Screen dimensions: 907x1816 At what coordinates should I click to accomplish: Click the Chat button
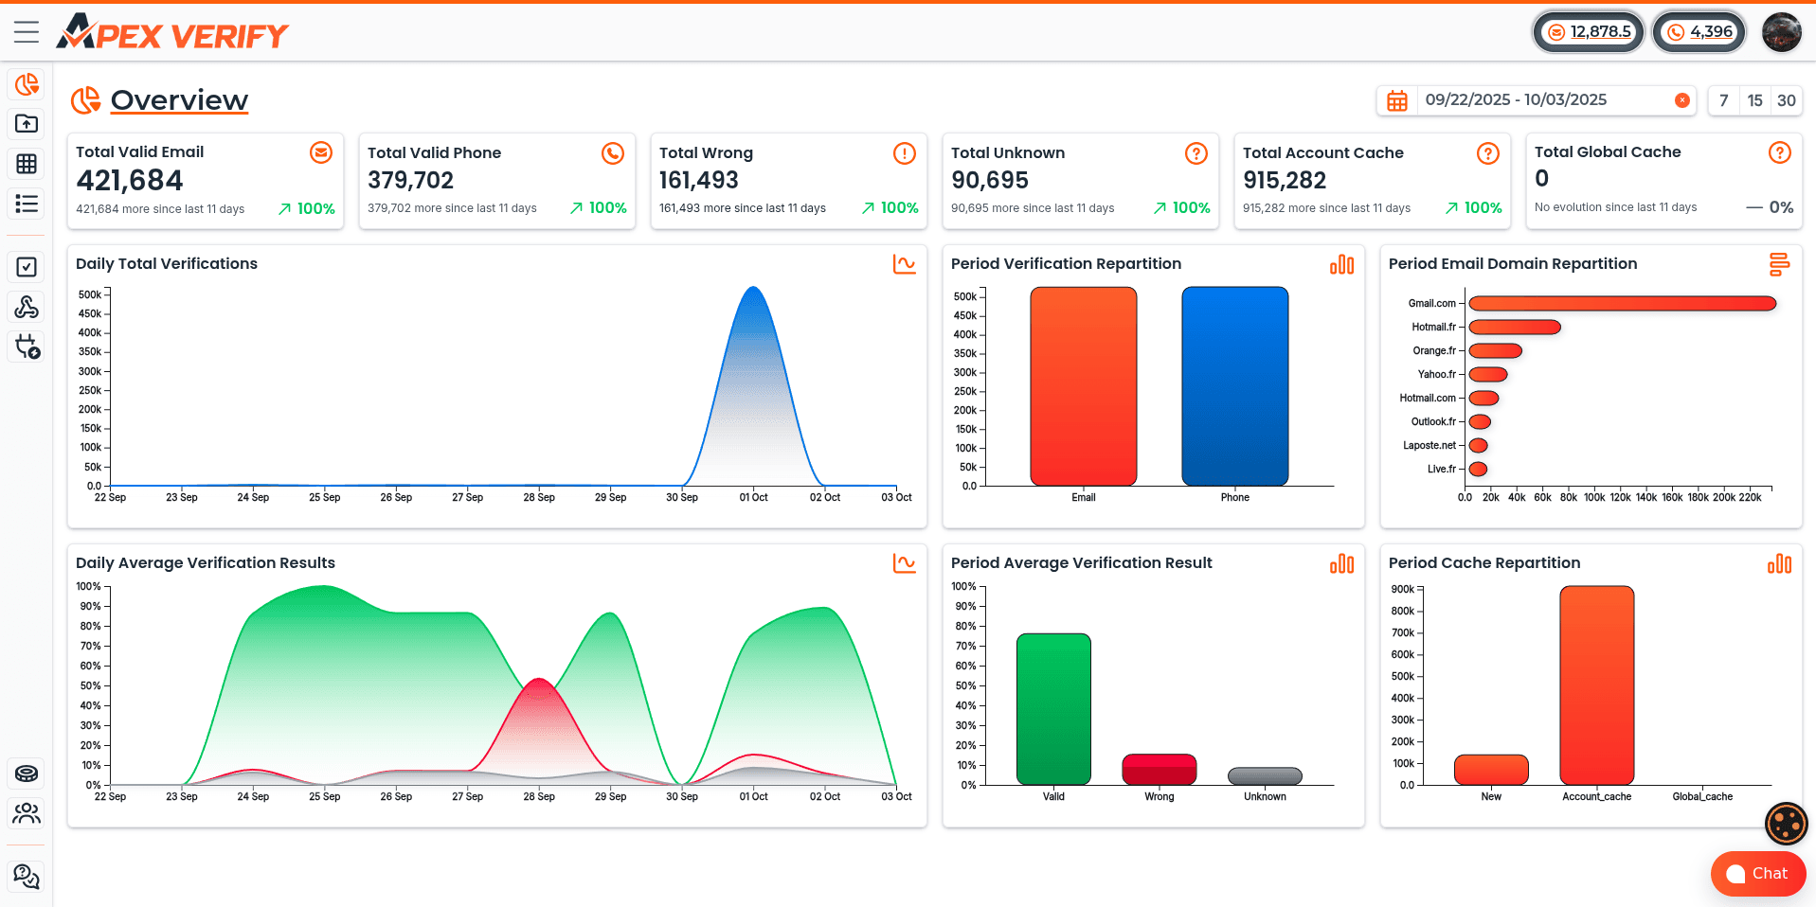pyautogui.click(x=1757, y=873)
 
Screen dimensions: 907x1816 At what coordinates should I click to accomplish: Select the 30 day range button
pyautogui.click(x=1786, y=100)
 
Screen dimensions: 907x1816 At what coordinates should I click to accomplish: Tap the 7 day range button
pyautogui.click(x=1723, y=100)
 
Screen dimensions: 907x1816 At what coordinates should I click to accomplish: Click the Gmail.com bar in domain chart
pyautogui.click(x=1622, y=304)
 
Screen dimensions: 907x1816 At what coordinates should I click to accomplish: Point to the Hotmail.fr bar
pyautogui.click(x=1514, y=328)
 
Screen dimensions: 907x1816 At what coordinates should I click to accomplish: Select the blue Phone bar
pyautogui.click(x=1234, y=386)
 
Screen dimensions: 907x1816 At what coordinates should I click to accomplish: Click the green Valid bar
pyautogui.click(x=1053, y=708)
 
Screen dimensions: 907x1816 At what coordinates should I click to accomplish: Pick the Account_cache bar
pyautogui.click(x=1596, y=685)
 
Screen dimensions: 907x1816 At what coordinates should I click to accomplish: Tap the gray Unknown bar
pyautogui.click(x=1265, y=776)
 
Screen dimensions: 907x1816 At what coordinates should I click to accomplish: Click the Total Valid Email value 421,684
pyautogui.click(x=130, y=180)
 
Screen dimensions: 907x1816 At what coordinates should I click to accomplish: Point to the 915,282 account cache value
pyautogui.click(x=1285, y=180)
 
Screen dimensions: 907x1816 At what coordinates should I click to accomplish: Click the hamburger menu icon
pyautogui.click(x=27, y=32)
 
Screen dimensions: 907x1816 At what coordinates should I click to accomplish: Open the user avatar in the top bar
pyautogui.click(x=1781, y=32)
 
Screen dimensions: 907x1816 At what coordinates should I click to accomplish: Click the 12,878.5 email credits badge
pyautogui.click(x=1589, y=32)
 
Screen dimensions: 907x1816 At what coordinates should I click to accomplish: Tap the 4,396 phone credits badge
pyautogui.click(x=1699, y=32)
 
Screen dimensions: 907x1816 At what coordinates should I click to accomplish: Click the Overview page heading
pyautogui.click(x=179, y=100)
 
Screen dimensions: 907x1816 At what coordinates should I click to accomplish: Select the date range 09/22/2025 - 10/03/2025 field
pyautogui.click(x=1516, y=100)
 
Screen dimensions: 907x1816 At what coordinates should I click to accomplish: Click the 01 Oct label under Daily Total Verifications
pyautogui.click(x=753, y=497)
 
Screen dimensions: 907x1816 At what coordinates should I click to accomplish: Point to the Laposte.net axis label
pyautogui.click(x=1429, y=445)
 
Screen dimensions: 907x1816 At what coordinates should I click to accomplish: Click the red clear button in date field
pyautogui.click(x=1681, y=100)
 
